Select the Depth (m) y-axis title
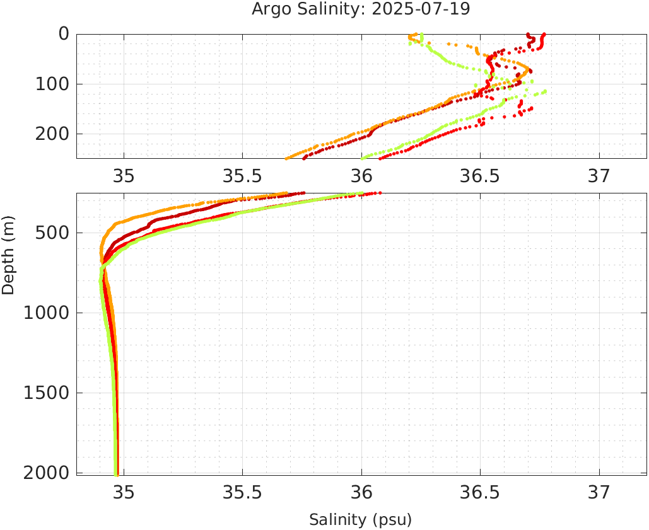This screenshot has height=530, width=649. tap(8, 253)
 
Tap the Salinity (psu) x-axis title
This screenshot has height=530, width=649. tap(360, 520)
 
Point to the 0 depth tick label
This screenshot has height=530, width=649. tap(64, 34)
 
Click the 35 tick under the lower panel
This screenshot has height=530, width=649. tap(124, 492)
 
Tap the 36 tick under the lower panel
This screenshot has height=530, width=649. tap(361, 492)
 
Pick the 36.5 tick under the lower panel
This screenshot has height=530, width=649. tap(480, 492)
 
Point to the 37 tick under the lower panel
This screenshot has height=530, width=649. tap(599, 492)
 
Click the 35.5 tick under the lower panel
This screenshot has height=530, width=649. tap(242, 492)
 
